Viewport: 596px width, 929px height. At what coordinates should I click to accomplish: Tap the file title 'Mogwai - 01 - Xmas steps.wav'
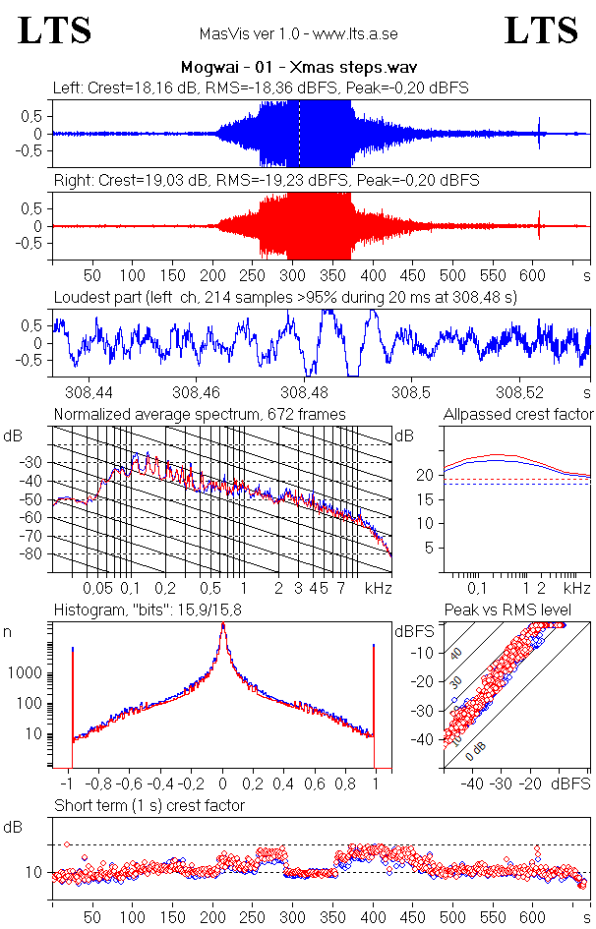pos(298,68)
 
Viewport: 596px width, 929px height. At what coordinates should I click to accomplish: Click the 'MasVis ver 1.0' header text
pos(298,33)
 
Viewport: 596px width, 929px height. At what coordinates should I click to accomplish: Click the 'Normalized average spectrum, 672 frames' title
pos(200,414)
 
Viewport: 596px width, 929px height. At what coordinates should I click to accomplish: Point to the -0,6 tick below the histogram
pos(130,784)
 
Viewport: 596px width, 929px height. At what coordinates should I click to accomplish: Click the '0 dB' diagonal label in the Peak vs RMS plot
pos(475,749)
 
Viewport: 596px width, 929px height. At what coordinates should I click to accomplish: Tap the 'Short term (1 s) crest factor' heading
pos(149,805)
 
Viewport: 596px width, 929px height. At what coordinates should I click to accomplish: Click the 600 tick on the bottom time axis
pos(532,915)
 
